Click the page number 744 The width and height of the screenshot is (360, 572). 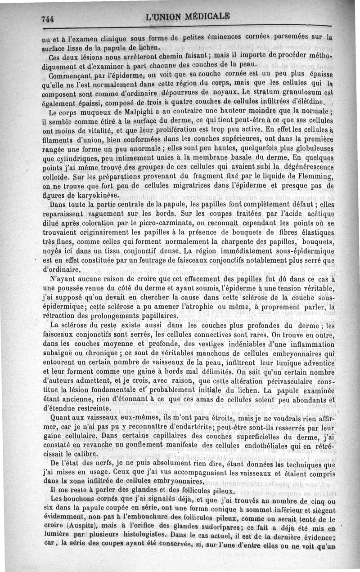click(47, 19)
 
